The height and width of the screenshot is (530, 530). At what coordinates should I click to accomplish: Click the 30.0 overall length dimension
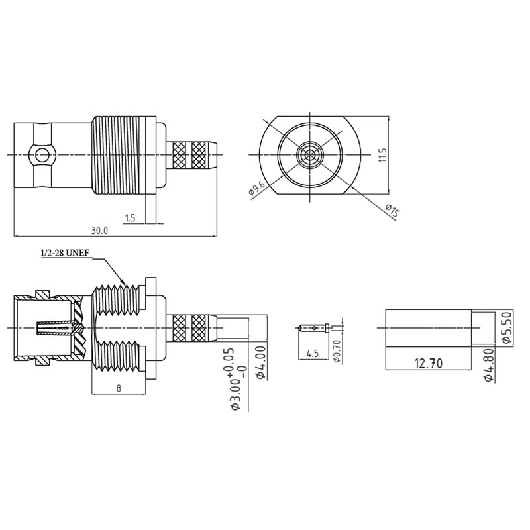(99, 230)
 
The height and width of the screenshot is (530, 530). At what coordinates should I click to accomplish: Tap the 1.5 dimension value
(129, 217)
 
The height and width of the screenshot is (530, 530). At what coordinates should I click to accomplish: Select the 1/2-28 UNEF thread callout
(65, 253)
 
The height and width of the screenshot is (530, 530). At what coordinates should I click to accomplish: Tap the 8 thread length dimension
(118, 390)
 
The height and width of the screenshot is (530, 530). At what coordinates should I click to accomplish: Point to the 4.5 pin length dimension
(313, 354)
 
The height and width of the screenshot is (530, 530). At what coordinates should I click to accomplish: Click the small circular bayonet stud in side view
(43, 156)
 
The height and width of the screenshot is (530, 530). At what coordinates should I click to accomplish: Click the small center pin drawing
(314, 327)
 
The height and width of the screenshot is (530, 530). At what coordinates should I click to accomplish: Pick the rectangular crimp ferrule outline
(427, 327)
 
